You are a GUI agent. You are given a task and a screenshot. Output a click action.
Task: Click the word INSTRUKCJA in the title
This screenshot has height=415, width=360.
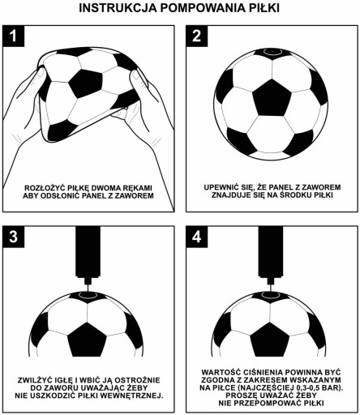click(118, 8)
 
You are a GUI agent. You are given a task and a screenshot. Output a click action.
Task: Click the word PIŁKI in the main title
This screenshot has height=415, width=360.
click(264, 8)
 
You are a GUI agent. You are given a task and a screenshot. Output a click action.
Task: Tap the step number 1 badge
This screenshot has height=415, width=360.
click(13, 36)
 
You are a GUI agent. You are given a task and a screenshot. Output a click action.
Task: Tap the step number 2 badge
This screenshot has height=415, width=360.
click(196, 36)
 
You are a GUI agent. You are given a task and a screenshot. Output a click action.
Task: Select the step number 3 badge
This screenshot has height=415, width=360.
click(13, 237)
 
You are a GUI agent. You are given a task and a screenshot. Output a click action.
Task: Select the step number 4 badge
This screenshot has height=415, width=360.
click(196, 237)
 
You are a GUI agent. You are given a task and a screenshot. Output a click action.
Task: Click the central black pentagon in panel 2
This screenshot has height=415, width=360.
click(272, 98)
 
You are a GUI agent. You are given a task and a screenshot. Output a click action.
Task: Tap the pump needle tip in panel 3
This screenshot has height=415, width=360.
click(88, 291)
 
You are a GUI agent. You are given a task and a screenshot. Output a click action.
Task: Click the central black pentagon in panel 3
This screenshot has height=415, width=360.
click(87, 340)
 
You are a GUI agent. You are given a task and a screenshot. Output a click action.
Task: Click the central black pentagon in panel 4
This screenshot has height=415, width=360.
click(270, 340)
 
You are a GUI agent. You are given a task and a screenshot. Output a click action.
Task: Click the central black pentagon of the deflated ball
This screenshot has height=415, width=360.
click(86, 83)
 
